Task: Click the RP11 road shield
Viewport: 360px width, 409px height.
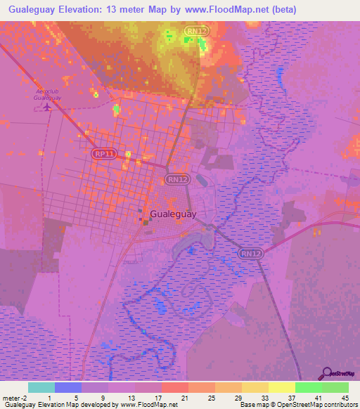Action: tap(104, 153)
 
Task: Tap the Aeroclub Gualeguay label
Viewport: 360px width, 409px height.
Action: tap(48, 96)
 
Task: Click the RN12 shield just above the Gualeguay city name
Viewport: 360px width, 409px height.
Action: tap(178, 179)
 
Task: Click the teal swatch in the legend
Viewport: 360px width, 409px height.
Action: tap(41, 387)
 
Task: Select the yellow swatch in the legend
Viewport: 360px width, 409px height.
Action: tap(281, 387)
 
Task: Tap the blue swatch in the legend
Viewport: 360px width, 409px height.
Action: tap(67, 387)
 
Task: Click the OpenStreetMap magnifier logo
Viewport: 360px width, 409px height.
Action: tap(326, 373)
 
